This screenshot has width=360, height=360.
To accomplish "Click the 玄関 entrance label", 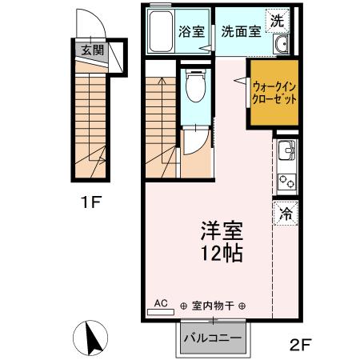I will (x=92, y=50).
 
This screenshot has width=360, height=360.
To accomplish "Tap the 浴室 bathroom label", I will (x=191, y=32).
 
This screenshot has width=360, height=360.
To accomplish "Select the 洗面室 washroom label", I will (x=241, y=32).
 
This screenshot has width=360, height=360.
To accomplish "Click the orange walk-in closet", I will (x=274, y=94).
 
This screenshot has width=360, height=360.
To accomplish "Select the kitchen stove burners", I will (x=286, y=182).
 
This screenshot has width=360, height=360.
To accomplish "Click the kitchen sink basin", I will (x=286, y=150).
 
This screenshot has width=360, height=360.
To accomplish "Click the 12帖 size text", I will (x=222, y=255).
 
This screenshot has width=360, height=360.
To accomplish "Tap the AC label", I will (x=160, y=303).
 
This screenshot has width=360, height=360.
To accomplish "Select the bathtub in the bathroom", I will (x=162, y=31).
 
